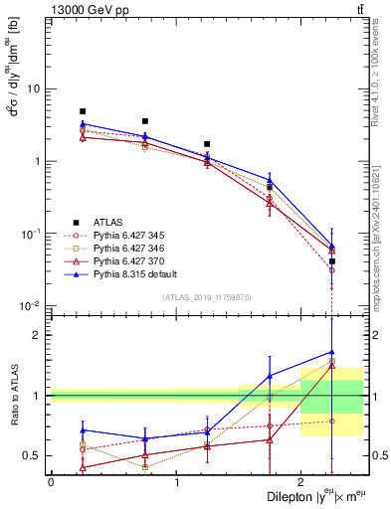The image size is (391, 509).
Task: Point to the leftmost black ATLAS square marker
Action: click(83, 111)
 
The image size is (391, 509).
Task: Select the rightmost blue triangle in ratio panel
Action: click(332, 351)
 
